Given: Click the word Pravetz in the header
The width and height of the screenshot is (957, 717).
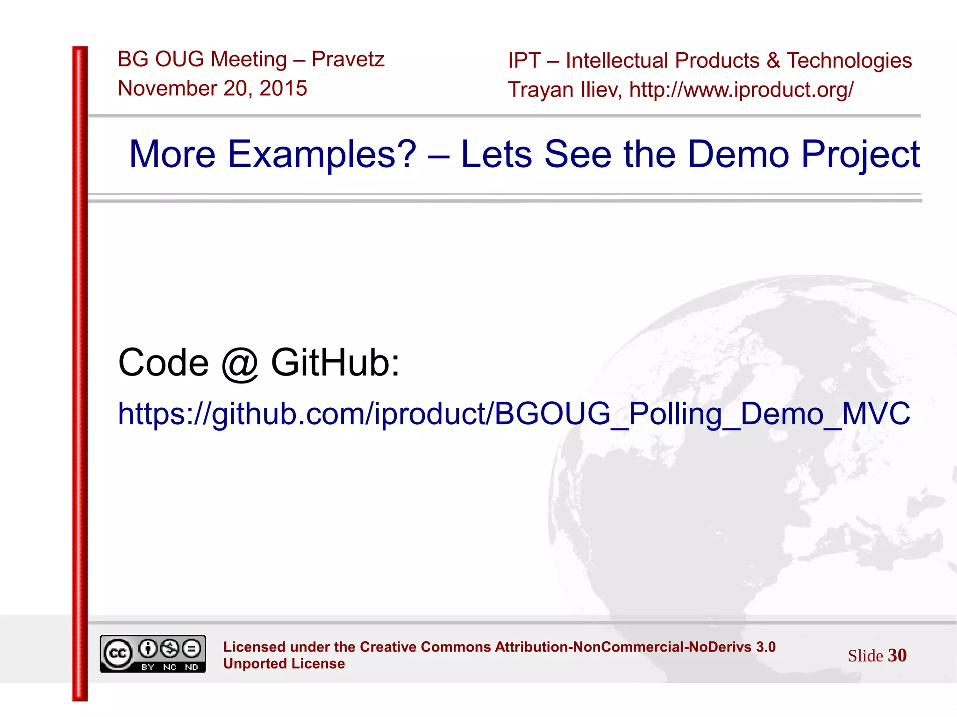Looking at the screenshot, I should point(348,59).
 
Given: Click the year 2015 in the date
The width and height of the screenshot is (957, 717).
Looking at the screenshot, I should point(283,88).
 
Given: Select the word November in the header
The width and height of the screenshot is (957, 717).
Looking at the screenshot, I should point(167,88).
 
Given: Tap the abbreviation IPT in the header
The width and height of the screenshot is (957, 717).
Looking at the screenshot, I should point(524,61).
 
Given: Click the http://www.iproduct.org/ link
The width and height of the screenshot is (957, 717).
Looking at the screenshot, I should point(742,90).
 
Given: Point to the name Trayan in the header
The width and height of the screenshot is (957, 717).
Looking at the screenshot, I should point(541,90).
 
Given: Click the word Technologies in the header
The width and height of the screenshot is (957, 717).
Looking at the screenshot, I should point(849,61).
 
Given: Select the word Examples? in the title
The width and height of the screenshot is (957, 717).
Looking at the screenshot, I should point(321,154).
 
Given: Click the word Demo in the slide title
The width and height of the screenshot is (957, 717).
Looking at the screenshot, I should point(738,154).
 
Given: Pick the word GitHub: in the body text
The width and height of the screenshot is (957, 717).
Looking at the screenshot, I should point(336,362).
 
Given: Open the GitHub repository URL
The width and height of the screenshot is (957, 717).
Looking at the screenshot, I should point(514,414).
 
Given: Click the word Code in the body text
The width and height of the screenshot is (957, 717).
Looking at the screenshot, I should point(163,362).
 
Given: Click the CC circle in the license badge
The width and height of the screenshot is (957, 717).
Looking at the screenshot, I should point(118,653).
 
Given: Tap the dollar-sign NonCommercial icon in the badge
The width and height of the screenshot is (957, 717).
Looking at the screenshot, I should point(170,648).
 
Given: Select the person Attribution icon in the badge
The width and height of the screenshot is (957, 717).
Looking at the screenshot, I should point(148,648).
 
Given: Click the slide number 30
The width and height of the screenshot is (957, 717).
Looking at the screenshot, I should point(897,655).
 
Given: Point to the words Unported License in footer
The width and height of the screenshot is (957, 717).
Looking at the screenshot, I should point(284,664).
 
